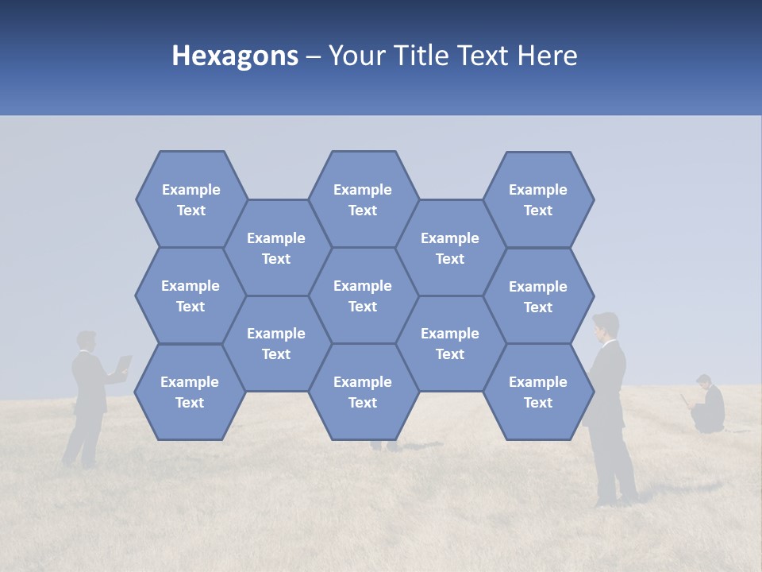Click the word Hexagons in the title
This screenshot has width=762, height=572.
click(235, 56)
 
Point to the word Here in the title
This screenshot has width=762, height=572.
click(547, 56)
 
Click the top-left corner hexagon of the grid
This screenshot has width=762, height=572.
click(190, 199)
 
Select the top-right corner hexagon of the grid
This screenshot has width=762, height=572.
click(538, 199)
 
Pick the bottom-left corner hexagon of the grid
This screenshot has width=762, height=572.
click(190, 392)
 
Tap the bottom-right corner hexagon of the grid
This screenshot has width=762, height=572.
click(538, 392)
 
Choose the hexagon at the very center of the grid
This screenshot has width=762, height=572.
click(363, 296)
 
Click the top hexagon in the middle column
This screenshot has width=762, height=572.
click(363, 199)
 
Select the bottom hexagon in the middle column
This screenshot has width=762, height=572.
click(363, 392)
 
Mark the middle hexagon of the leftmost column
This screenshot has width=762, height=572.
click(190, 296)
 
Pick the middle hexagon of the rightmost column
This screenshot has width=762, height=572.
click(538, 296)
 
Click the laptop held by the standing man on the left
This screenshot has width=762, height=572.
click(124, 365)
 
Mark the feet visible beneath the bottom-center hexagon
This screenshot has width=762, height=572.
click(385, 446)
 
